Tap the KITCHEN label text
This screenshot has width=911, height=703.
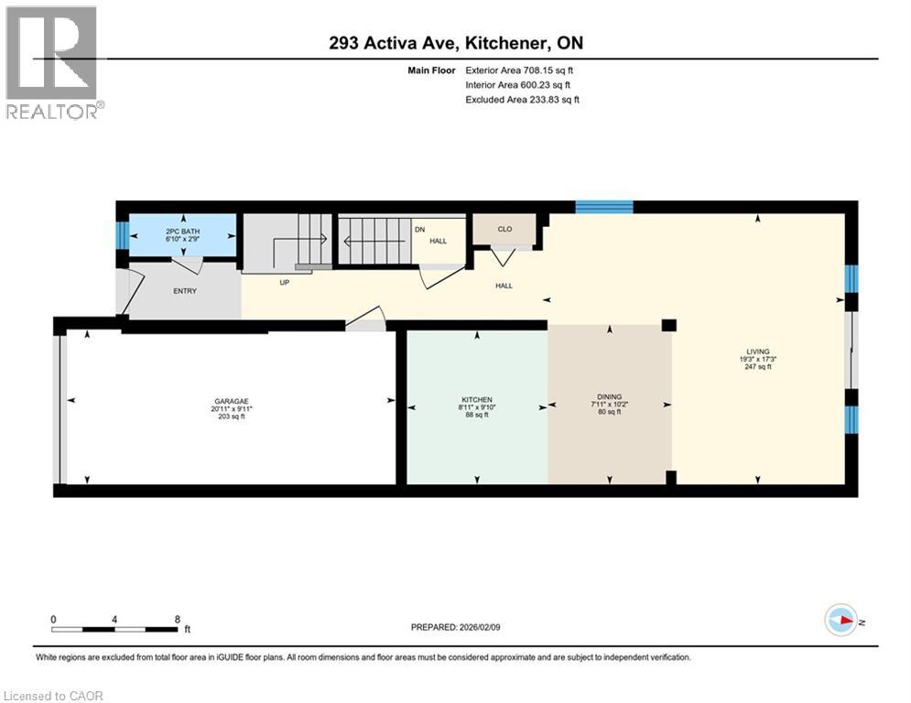pyautogui.click(x=476, y=400)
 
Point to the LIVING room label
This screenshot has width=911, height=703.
pyautogui.click(x=757, y=351)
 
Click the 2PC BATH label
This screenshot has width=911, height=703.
pyautogui.click(x=183, y=231)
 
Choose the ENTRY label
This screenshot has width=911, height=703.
pyautogui.click(x=186, y=290)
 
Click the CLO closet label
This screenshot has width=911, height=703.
pyautogui.click(x=504, y=230)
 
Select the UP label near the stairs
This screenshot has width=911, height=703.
pyautogui.click(x=285, y=283)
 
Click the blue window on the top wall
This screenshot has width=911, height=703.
pyautogui.click(x=603, y=207)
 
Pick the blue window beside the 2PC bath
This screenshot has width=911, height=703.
pyautogui.click(x=122, y=237)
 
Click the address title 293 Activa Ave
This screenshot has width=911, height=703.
pyautogui.click(x=455, y=43)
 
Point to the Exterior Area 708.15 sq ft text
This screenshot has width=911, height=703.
pyautogui.click(x=519, y=70)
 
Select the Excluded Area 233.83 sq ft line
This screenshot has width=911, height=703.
pyautogui.click(x=522, y=99)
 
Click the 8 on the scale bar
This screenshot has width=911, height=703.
pyautogui.click(x=176, y=619)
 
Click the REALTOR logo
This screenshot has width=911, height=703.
pyautogui.click(x=53, y=62)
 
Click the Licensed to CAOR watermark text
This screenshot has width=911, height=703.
pyautogui.click(x=53, y=696)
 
